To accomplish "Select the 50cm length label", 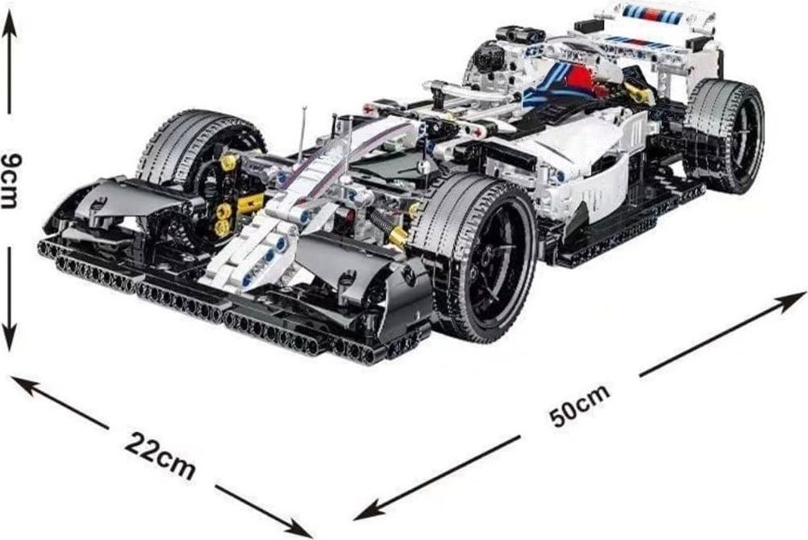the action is click(x=580, y=406).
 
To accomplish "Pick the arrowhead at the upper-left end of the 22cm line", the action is click(x=23, y=384).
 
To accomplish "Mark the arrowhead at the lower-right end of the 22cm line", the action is click(x=298, y=528).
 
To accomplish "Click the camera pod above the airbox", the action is click(x=519, y=35).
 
